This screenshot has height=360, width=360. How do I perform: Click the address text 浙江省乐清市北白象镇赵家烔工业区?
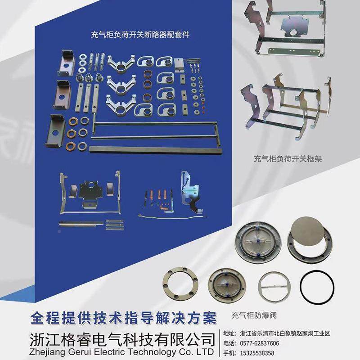pos(285,333)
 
